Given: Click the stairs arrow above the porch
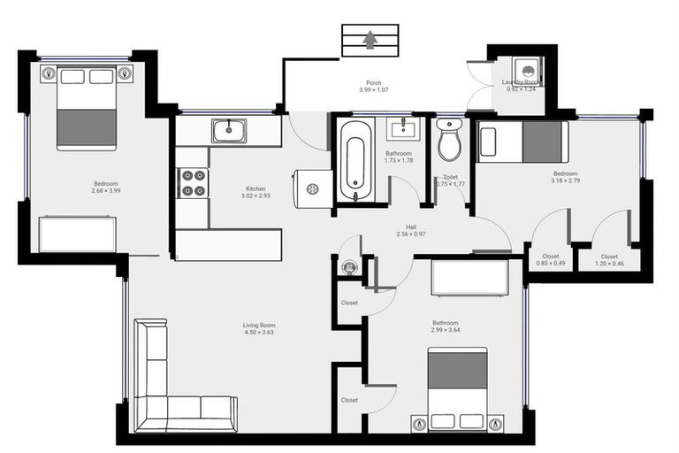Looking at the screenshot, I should (368, 40).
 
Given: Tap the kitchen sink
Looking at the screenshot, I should (229, 132).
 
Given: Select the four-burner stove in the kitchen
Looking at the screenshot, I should (193, 181).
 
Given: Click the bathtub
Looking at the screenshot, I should (355, 161).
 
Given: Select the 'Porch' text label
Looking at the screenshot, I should (373, 82).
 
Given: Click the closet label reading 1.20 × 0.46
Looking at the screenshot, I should (609, 264).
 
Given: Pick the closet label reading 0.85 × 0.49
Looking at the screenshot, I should (550, 264).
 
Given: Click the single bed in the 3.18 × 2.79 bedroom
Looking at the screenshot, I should (521, 142).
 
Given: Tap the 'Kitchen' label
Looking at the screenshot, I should (256, 188).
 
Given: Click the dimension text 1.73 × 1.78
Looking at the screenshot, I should (399, 161).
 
